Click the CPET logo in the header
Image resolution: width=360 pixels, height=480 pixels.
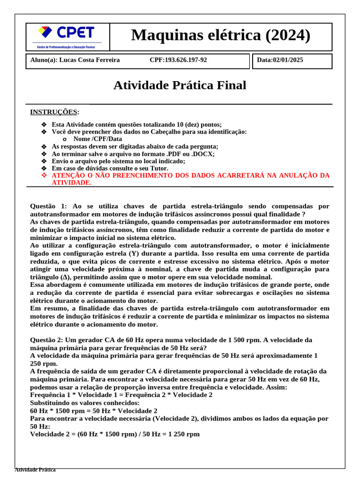66,36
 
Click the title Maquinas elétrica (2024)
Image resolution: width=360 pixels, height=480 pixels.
221,35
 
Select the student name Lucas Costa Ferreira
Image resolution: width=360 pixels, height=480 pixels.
91,60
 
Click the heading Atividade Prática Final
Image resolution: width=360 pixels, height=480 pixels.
180,85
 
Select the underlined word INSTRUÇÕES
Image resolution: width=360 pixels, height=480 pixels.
54,112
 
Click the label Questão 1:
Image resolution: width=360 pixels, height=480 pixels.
49,206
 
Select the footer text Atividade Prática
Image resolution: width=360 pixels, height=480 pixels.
35,469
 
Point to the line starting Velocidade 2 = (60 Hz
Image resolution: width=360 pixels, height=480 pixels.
115,434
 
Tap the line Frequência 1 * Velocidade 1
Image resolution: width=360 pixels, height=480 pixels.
121,395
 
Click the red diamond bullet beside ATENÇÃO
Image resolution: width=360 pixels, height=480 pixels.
44,175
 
